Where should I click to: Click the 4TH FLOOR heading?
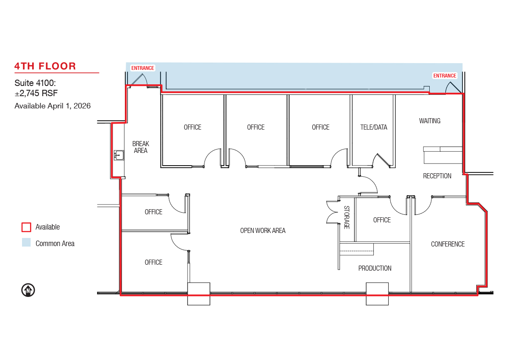[x=45, y=66]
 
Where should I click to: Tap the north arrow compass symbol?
[x=28, y=290]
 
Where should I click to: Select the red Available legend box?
[x=26, y=227]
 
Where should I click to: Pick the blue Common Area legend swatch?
[x=26, y=242]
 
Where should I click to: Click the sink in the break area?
[x=119, y=155]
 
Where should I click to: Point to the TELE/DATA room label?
[x=374, y=127]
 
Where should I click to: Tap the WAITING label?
[x=430, y=121]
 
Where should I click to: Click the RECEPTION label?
[x=437, y=176]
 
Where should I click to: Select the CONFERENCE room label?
[x=448, y=244]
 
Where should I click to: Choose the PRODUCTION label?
[x=375, y=269]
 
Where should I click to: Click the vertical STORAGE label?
[x=347, y=217]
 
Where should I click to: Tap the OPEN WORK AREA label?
[x=263, y=231]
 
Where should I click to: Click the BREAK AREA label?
[x=141, y=147]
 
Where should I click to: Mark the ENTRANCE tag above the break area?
[x=143, y=68]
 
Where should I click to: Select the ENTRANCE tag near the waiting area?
[x=445, y=76]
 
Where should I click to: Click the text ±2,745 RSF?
[x=36, y=93]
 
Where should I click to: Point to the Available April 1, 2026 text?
[x=52, y=106]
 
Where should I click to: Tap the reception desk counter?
[x=443, y=155]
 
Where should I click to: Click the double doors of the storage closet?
[x=332, y=212]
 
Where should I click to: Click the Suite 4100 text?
[x=35, y=83]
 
